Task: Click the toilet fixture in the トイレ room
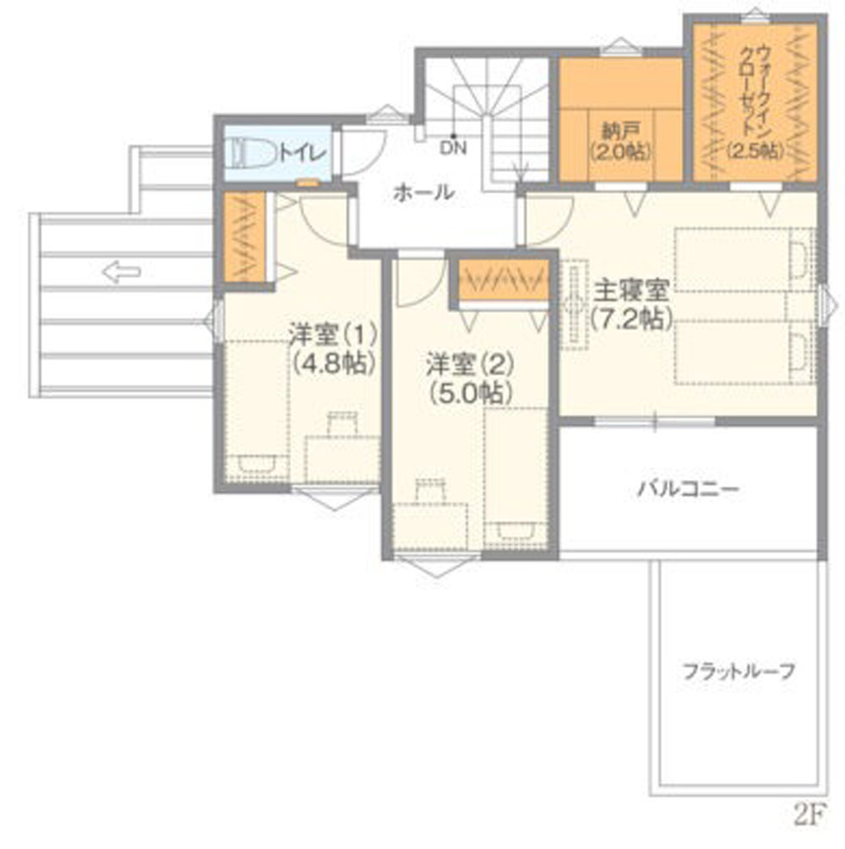(251, 153)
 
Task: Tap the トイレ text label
(303, 154)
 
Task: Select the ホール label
(423, 193)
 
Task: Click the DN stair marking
(453, 148)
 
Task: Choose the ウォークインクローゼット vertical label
(755, 101)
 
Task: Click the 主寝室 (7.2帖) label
(631, 304)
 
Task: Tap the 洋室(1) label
(333, 334)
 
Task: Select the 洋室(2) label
(470, 364)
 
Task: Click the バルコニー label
(688, 489)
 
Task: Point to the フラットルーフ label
(739, 672)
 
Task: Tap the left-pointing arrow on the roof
(122, 271)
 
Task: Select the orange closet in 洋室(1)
(245, 237)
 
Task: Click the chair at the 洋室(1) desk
(343, 423)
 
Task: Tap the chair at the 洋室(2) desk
(431, 490)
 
